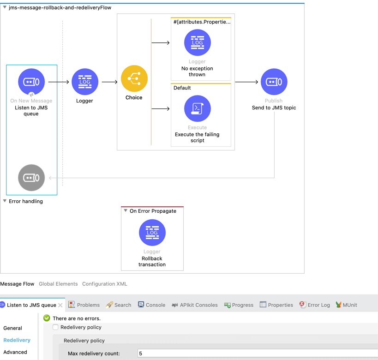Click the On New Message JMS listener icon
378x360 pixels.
click(x=31, y=82)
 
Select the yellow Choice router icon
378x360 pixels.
click(x=134, y=78)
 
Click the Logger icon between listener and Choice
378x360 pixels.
click(x=85, y=82)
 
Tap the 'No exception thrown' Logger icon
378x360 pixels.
click(x=197, y=42)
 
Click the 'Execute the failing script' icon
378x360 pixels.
click(x=197, y=108)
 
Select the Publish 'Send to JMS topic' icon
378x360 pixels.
click(x=274, y=82)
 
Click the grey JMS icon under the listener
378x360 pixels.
click(x=31, y=178)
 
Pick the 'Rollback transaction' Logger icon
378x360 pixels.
click(x=152, y=233)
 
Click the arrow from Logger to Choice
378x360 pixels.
click(x=110, y=82)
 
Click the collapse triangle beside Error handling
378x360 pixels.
click(x=5, y=201)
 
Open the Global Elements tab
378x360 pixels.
click(x=58, y=284)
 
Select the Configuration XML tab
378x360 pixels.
click(x=104, y=284)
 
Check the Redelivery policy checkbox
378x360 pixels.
click(x=55, y=327)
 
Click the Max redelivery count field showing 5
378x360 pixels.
click(x=254, y=354)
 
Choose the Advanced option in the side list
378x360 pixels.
click(x=15, y=352)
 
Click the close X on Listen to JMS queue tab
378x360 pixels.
click(x=60, y=305)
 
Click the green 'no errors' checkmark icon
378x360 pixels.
click(x=47, y=318)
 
